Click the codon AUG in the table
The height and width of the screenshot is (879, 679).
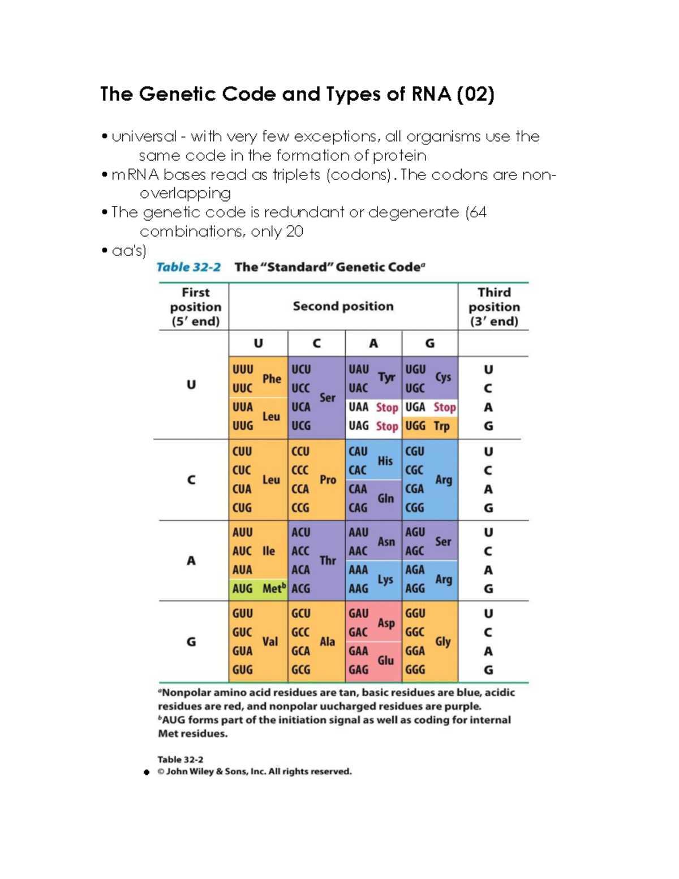coord(242,589)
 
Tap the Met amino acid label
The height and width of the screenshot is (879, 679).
coord(273,589)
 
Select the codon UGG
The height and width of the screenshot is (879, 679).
coord(415,426)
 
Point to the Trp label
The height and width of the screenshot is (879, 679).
coord(441,426)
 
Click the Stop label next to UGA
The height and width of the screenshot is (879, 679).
coord(445,407)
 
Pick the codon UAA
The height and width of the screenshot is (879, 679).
coord(358,407)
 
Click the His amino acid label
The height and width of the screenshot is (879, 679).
coord(385,461)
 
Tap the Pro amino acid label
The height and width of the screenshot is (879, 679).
coord(328,479)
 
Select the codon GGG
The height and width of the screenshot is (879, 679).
coord(415,670)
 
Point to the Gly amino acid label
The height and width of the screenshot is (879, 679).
coord(442,641)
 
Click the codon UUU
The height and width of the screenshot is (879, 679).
coord(243,369)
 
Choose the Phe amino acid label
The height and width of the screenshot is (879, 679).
coord(272,379)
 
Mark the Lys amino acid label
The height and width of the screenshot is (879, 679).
coord(385,579)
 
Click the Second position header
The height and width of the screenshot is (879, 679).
coord(343,306)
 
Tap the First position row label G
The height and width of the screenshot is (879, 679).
coord(191,642)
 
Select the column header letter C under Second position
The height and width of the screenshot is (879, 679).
coord(316,343)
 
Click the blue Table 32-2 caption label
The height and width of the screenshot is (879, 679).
coord(188,267)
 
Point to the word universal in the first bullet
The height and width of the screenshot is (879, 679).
coord(144,137)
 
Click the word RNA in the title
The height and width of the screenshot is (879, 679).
coord(431,94)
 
